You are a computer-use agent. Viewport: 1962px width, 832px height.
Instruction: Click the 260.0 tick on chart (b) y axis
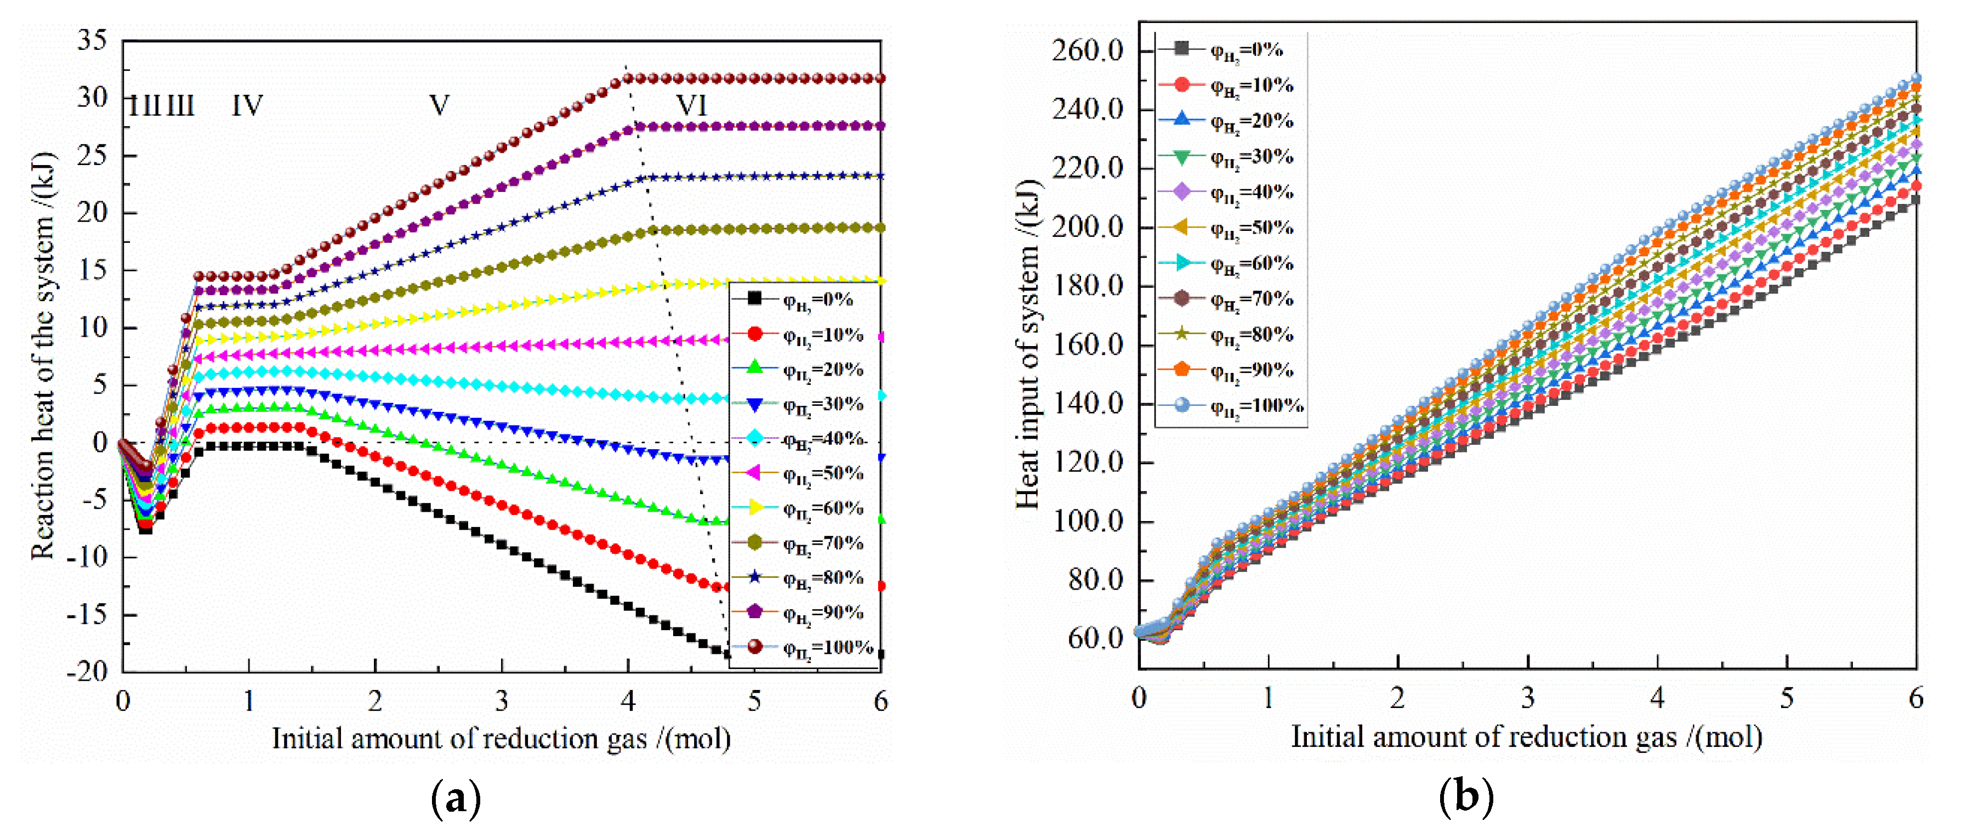pos(1088,51)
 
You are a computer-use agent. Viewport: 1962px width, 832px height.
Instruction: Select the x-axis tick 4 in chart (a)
pos(628,701)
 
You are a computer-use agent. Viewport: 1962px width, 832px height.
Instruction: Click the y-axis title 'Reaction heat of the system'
pos(43,356)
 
